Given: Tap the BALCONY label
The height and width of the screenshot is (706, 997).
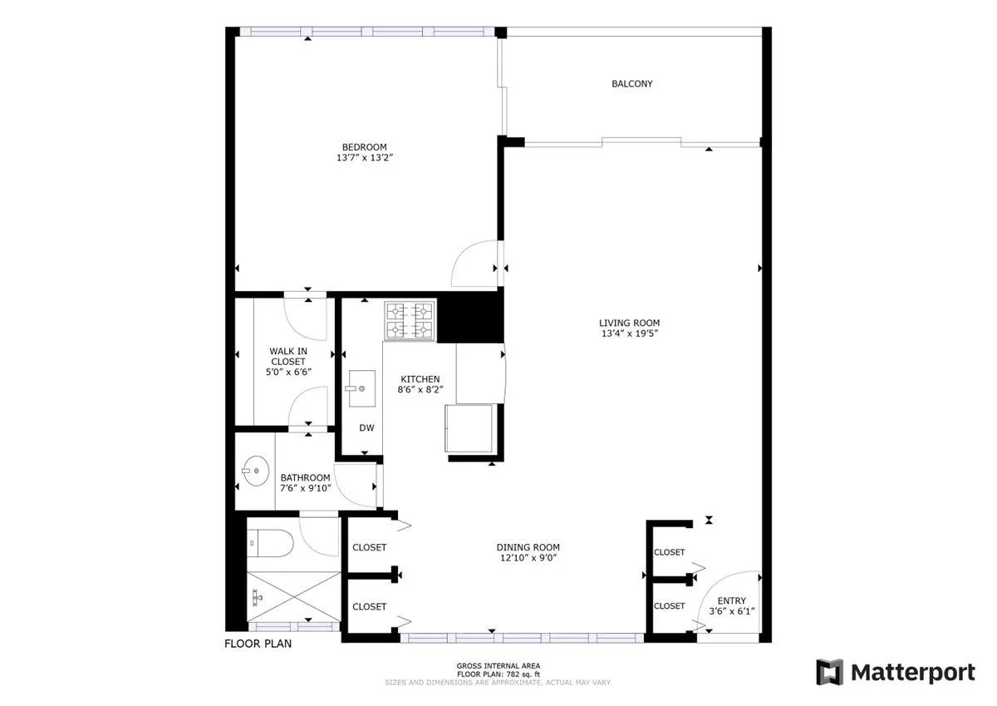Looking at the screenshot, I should (631, 84).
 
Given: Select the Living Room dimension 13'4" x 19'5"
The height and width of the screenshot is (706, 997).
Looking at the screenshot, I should (629, 333).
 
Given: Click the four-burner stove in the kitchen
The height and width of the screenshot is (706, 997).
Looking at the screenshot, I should (410, 321).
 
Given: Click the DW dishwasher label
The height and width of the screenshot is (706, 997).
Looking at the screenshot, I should (366, 428).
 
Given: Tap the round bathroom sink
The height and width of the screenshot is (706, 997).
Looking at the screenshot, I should (255, 471).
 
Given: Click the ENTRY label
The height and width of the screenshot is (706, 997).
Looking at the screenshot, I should (731, 601).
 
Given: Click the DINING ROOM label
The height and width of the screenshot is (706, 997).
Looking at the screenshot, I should (528, 547).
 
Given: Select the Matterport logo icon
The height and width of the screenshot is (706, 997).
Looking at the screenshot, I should (829, 672).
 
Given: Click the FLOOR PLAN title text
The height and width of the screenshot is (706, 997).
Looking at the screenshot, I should (258, 644).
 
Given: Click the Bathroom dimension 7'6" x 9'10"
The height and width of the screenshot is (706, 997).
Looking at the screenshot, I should (306, 488).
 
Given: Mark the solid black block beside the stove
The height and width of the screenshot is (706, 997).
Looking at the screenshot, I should (469, 317).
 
